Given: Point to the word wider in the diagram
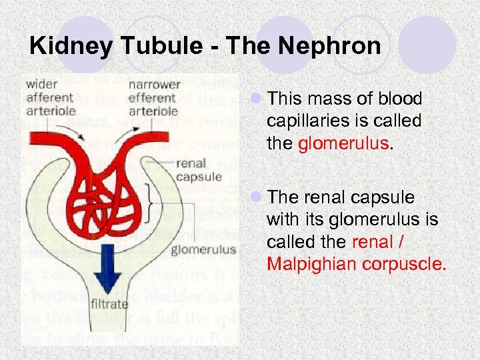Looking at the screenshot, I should (42, 85).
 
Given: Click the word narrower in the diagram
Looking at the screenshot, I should (154, 85).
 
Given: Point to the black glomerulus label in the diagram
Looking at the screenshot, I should (203, 250).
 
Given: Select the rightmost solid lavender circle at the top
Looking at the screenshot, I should (431, 44).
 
